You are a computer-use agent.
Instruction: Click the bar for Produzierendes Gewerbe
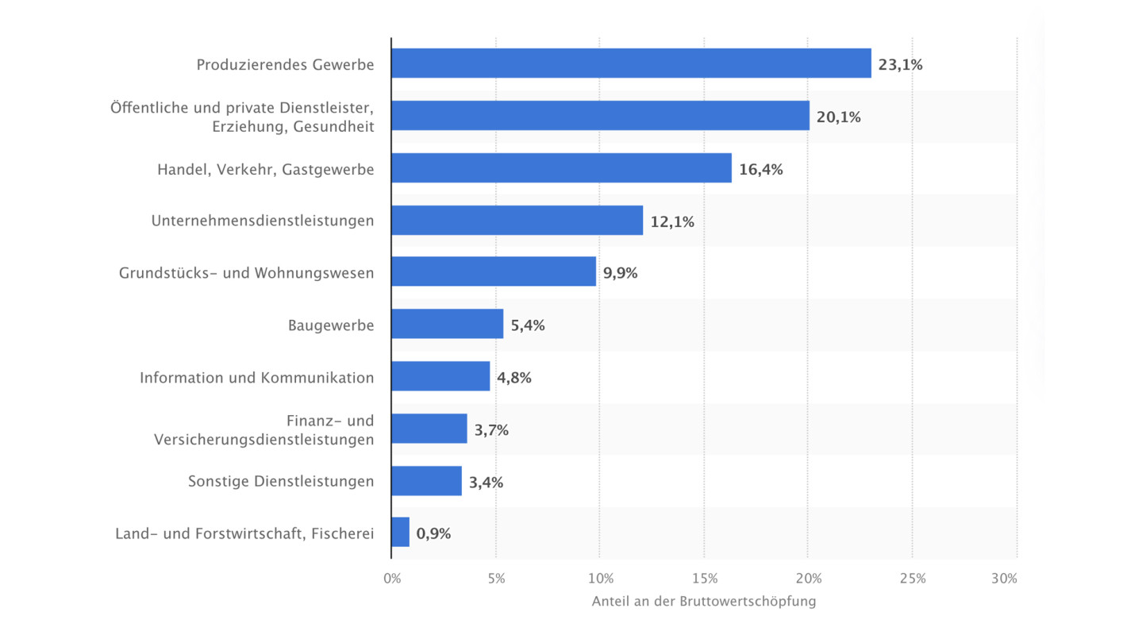pos(631,63)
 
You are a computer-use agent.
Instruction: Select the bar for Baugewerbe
pos(447,324)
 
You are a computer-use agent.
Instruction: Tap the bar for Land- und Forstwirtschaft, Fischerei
pos(400,533)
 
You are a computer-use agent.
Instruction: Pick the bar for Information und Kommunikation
pos(440,376)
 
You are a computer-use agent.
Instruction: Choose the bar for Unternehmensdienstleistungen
pos(517,220)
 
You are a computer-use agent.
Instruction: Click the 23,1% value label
pos(900,65)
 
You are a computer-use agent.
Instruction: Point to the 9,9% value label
pos(620,273)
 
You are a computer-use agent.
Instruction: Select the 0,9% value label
pos(433,533)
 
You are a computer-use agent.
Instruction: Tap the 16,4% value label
pos(760,169)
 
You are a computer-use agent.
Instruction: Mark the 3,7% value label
pos(491,430)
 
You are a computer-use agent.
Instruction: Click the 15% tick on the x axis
pos(704,579)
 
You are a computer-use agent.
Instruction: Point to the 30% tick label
pos(1004,579)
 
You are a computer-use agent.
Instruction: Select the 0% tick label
pos(392,579)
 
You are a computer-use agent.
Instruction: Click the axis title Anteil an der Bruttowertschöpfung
pos(703,602)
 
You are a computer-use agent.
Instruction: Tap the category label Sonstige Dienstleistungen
pos(281,481)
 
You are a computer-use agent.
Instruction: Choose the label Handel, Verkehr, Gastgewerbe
pos(265,169)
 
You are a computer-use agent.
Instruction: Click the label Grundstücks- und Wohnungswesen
pos(246,273)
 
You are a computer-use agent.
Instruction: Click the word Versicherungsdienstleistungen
pos(263,439)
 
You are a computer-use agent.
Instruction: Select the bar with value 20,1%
pos(600,116)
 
